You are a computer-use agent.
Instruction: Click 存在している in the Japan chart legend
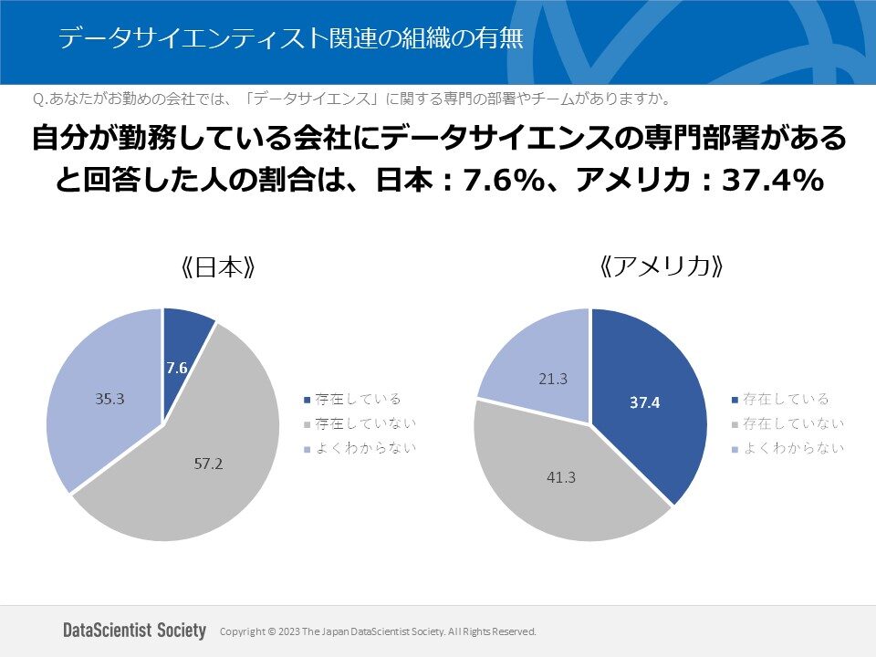[358, 399]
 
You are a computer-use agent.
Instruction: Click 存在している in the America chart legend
[786, 399]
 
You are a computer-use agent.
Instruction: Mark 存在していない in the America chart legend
[793, 423]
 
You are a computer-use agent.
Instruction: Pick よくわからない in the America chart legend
[793, 448]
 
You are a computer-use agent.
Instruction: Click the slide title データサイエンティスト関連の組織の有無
[290, 39]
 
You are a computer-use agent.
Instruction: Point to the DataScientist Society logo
[135, 631]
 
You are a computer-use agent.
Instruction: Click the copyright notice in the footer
[379, 631]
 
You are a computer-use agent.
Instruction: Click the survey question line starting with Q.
[351, 98]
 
